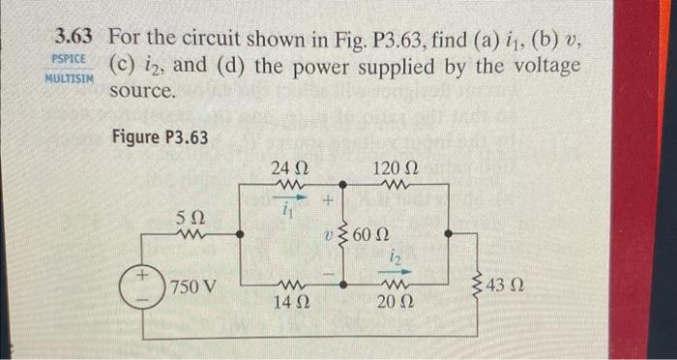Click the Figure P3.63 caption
coord(160,136)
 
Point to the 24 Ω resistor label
coord(291,165)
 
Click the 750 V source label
coord(193,287)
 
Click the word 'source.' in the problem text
coord(143,92)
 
